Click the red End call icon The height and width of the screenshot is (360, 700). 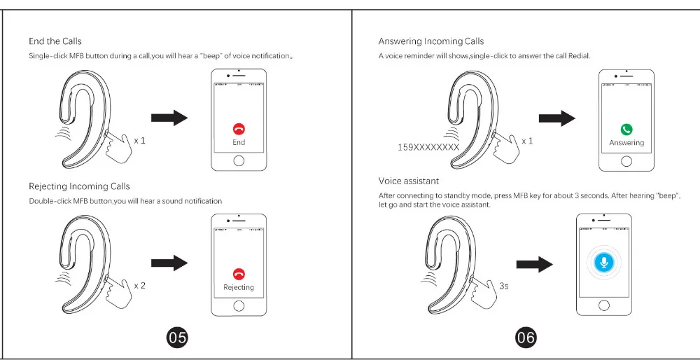(x=239, y=129)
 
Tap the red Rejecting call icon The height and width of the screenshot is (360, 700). (x=239, y=274)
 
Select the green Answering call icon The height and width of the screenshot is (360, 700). (x=626, y=130)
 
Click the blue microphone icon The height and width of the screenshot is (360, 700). (x=604, y=262)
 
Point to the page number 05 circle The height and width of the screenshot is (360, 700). (x=177, y=337)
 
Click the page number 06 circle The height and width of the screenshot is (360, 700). (x=526, y=337)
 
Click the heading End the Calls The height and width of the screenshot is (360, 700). (x=55, y=41)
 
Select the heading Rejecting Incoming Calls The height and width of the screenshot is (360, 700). (x=80, y=186)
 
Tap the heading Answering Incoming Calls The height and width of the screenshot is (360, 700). (x=430, y=41)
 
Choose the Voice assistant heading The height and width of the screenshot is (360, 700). (x=409, y=181)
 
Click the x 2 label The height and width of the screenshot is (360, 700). (x=140, y=286)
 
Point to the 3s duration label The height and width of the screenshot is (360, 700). (x=503, y=286)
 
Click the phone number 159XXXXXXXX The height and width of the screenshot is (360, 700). (x=428, y=147)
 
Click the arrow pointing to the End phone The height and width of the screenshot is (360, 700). (x=169, y=118)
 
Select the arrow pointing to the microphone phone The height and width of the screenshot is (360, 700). (x=534, y=265)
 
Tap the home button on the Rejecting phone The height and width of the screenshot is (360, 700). (x=239, y=306)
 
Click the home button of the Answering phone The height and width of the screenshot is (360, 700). (x=626, y=161)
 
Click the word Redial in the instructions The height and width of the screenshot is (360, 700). (x=580, y=56)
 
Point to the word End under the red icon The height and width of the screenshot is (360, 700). (x=239, y=142)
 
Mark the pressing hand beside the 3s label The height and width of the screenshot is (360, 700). (x=485, y=290)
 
